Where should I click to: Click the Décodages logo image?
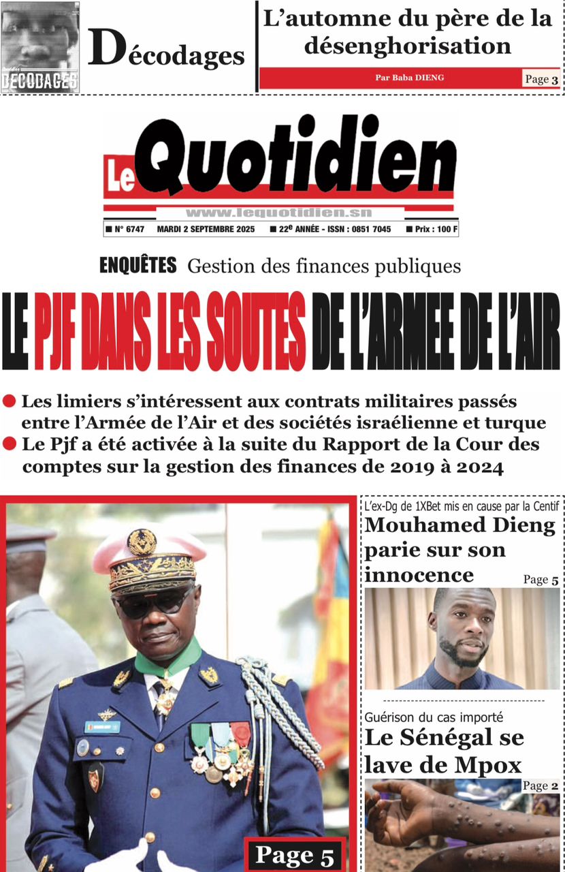40,47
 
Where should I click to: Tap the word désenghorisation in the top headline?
408,46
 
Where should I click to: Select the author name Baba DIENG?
409,78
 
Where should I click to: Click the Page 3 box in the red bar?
541,79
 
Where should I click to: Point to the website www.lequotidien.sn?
278,213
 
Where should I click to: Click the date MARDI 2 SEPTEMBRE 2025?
206,230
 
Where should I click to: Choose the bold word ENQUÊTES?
138,265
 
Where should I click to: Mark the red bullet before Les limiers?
10,401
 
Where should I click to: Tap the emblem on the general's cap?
142,542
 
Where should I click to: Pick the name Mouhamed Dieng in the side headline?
459,525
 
